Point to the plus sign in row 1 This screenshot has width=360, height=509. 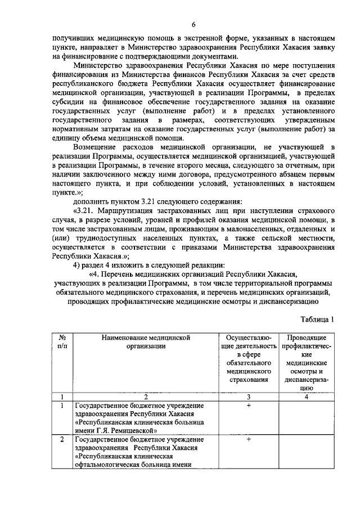click(247, 405)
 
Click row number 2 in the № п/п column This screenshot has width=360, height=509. click(62, 438)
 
